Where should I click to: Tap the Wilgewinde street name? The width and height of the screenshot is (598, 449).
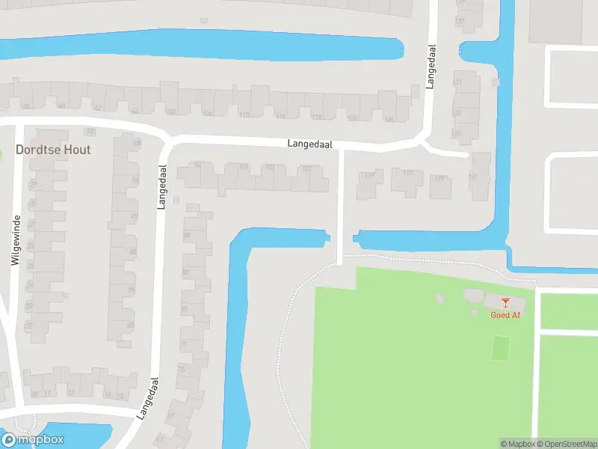[16, 239]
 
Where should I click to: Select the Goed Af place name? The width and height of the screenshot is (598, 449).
[505, 315]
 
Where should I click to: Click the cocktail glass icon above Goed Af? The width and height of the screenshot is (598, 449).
[505, 302]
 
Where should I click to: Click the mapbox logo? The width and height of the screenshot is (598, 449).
[33, 439]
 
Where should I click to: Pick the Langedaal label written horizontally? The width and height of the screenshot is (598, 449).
[310, 144]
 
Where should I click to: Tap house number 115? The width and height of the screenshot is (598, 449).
[369, 176]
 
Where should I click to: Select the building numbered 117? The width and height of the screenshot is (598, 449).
[407, 174]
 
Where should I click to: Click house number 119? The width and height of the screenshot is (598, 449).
[440, 178]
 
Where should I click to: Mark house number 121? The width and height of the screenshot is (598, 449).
[472, 176]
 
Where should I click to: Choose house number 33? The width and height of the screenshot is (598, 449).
[90, 132]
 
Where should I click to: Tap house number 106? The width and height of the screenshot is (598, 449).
[207, 114]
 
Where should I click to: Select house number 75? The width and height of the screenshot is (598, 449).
[181, 370]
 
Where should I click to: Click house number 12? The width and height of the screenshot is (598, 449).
[72, 392]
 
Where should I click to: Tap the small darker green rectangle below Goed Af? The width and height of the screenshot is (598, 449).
[501, 347]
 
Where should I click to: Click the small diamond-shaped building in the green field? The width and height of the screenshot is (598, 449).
[440, 299]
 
